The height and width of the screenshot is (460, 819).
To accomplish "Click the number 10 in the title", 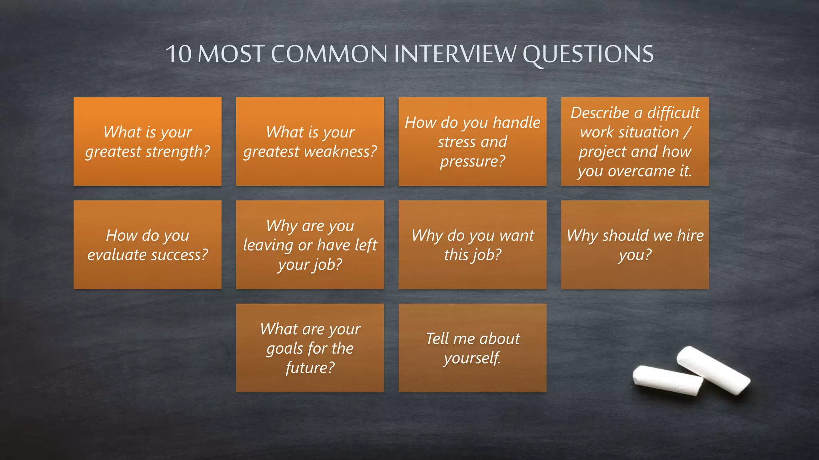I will [x=179, y=54].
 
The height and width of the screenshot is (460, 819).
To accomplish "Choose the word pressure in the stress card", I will [x=472, y=161].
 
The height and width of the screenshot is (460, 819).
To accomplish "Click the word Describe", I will [x=600, y=113].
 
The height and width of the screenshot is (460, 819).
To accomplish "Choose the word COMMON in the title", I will [x=329, y=54].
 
